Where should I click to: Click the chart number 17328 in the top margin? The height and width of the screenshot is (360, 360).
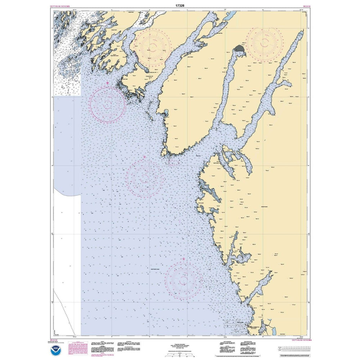pos(180,6)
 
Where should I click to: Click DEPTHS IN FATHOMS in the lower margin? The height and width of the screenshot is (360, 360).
pos(301,339)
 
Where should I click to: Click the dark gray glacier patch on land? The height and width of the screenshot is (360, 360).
pos(239,48)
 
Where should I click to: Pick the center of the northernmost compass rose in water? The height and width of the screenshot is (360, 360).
pos(108,105)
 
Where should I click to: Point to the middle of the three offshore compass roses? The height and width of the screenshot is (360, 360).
pos(145,178)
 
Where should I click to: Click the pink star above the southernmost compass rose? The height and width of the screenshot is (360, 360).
pos(184,258)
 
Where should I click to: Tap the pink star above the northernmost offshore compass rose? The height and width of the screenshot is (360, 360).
pos(107,83)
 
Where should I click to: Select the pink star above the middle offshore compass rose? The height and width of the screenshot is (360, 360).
pos(145,157)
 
